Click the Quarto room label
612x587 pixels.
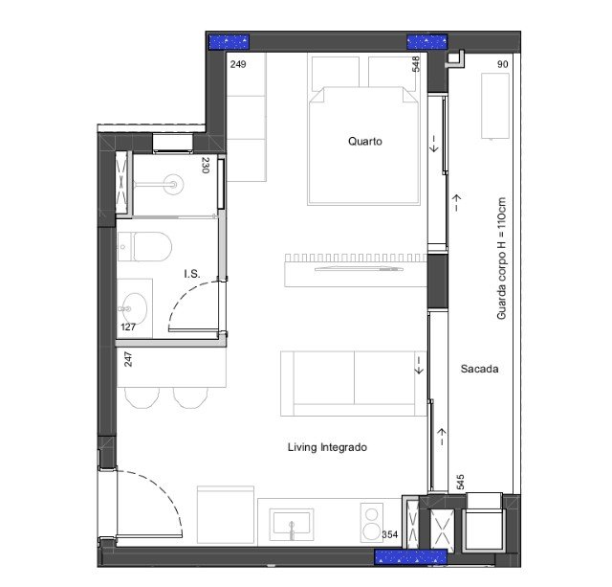365,141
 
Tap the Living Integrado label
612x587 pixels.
327,447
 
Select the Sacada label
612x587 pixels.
479,369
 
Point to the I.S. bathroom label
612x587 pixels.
192,274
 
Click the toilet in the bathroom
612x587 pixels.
144,247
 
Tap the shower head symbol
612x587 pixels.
173,184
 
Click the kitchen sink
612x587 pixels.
292,524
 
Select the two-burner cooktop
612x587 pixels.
372,522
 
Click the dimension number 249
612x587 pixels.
238,64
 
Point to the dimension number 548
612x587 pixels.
416,64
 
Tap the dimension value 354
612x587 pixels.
390,534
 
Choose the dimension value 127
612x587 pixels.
128,327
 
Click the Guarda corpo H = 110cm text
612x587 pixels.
501,259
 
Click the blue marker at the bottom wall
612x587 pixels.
410,557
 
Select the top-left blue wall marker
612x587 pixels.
229,42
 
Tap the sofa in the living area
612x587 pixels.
353,383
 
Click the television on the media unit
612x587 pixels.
360,269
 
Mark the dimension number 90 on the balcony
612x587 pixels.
503,64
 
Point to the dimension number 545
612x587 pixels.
461,482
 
